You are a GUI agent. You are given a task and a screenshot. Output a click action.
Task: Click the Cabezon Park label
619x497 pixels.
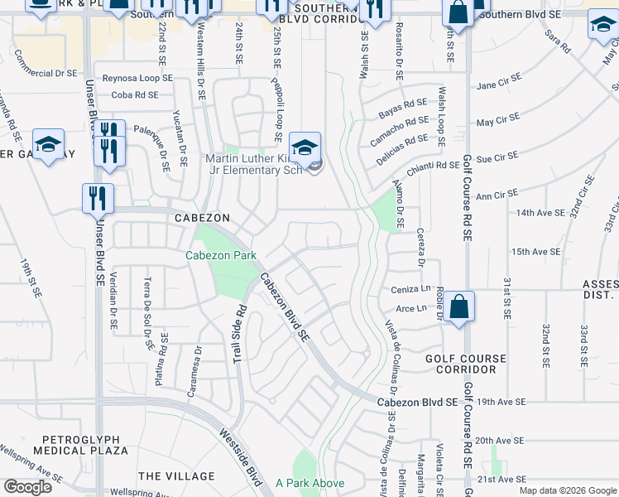[x=221, y=256]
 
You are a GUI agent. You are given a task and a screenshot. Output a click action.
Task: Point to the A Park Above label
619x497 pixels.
[x=309, y=483]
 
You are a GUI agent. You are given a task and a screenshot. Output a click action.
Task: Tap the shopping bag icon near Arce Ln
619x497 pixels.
[x=459, y=307]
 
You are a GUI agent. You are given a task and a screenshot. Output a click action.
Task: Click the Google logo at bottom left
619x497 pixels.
[x=27, y=487]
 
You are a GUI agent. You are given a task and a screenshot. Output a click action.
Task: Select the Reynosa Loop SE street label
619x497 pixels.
[x=137, y=78]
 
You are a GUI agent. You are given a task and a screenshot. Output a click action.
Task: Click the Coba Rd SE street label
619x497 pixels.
[x=134, y=95]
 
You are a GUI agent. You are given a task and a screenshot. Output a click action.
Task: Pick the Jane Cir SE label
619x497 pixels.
[x=498, y=83]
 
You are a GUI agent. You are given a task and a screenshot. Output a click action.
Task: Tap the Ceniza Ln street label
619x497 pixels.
[x=414, y=290]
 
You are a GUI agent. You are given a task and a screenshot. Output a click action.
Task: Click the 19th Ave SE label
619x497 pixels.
[x=501, y=402]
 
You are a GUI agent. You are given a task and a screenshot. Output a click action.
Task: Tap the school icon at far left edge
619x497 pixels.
[x=48, y=146]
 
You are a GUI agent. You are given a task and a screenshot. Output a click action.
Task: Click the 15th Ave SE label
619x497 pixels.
[x=531, y=251]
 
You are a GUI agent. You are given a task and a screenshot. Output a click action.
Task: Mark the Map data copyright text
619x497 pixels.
[x=566, y=490]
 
